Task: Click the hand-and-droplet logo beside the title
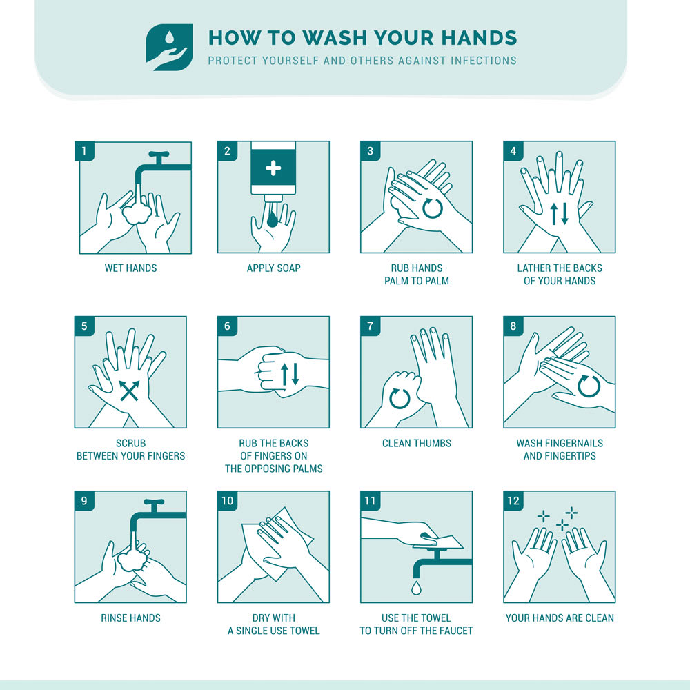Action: point(170,48)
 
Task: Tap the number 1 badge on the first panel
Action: point(84,151)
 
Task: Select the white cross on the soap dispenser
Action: point(273,168)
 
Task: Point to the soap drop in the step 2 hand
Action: point(272,219)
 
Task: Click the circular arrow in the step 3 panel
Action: point(432,208)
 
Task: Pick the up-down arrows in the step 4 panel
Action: point(560,213)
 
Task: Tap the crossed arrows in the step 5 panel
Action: point(130,391)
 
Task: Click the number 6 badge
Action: point(227,326)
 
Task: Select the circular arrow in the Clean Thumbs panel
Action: point(400,398)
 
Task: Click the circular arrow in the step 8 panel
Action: point(589,386)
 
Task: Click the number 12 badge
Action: point(513,501)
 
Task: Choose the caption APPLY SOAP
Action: point(274,268)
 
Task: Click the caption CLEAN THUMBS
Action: point(416,443)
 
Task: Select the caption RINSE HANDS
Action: point(130,618)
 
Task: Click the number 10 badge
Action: point(227,501)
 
